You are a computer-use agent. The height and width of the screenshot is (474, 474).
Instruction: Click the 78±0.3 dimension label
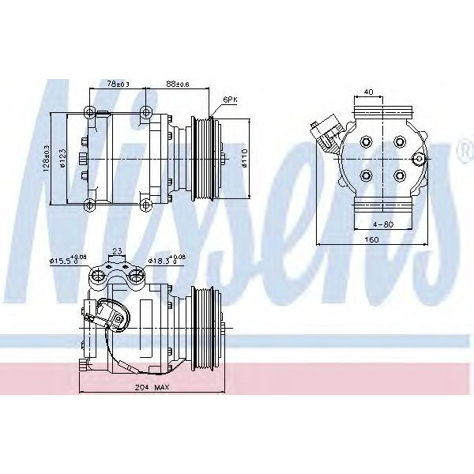(118, 83)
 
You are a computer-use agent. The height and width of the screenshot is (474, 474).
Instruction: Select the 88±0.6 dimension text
(176, 83)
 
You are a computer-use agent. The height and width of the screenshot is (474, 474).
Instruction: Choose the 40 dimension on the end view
(368, 91)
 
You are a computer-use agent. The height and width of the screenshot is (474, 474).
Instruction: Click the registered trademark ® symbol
(465, 156)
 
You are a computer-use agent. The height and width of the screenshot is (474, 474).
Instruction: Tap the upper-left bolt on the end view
(367, 143)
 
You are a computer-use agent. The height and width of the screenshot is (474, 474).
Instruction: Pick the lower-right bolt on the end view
(400, 175)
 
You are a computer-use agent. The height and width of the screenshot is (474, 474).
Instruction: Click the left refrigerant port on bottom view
(99, 276)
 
